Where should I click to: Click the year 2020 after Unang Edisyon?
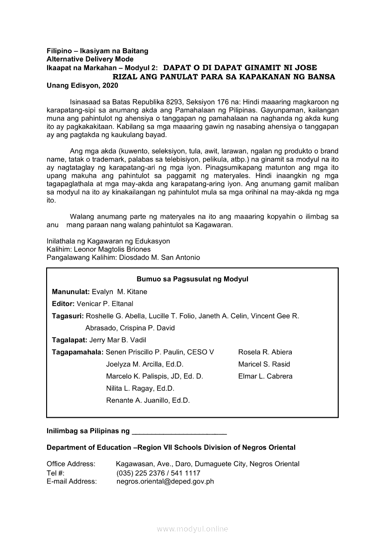click(110, 85)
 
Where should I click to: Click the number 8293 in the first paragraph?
click(179, 101)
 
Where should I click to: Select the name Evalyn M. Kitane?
click(119, 291)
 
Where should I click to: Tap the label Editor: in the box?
click(63, 304)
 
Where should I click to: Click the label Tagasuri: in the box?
click(68, 316)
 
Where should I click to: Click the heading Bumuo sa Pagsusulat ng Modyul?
click(192, 279)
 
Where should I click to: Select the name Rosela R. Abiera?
click(265, 352)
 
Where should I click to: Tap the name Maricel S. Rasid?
click(264, 364)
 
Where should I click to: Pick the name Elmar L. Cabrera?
click(265, 376)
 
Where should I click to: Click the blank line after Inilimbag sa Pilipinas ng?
click(179, 432)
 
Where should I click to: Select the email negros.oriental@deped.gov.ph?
click(165, 481)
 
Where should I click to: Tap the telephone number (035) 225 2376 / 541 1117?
click(158, 473)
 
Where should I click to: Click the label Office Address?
click(71, 464)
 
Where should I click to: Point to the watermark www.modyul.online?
click(192, 529)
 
